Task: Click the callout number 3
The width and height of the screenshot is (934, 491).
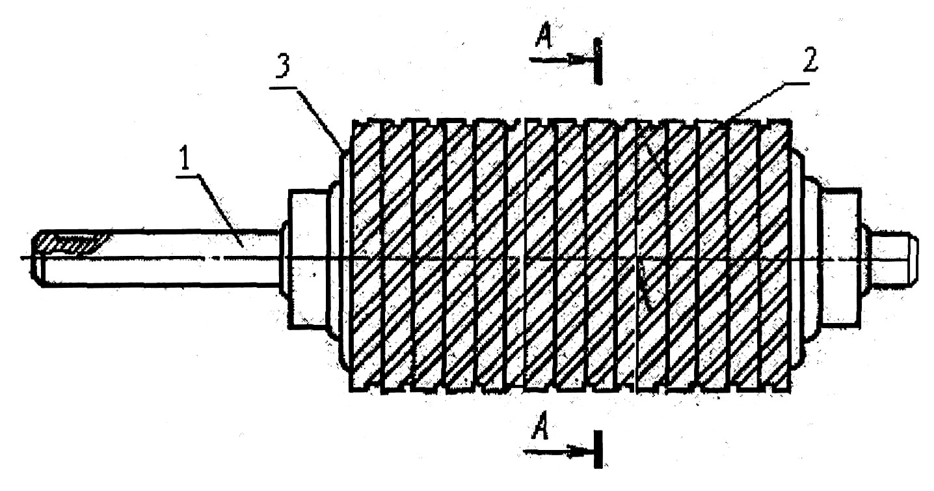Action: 283,68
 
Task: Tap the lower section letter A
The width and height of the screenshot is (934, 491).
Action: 540,426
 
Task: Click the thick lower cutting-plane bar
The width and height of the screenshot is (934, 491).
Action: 598,450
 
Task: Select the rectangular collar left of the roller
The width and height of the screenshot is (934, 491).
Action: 308,259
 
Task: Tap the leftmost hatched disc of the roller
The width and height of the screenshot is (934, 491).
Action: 366,255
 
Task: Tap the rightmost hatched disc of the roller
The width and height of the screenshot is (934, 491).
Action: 775,255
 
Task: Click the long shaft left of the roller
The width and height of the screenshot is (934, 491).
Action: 159,258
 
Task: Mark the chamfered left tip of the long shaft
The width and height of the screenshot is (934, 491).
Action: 36,258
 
